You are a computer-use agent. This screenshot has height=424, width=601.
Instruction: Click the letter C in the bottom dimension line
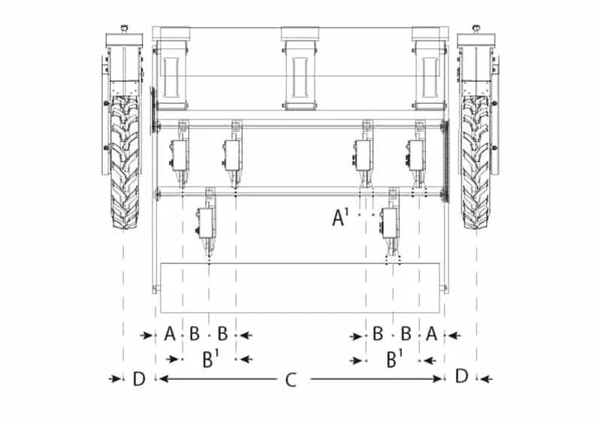pos(291,380)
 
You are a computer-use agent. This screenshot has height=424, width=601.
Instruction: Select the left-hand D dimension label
pos(139,379)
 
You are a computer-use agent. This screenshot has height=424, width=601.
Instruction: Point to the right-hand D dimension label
pos(462,376)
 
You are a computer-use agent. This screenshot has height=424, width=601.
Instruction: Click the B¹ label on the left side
pos(210,359)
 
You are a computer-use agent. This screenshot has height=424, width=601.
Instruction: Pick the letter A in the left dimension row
pos(170,334)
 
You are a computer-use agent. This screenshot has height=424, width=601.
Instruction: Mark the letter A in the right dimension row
pos(431,334)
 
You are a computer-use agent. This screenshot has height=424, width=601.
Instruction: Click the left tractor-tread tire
pos(125,162)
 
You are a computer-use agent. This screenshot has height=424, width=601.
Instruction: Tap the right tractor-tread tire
pos(476,162)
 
